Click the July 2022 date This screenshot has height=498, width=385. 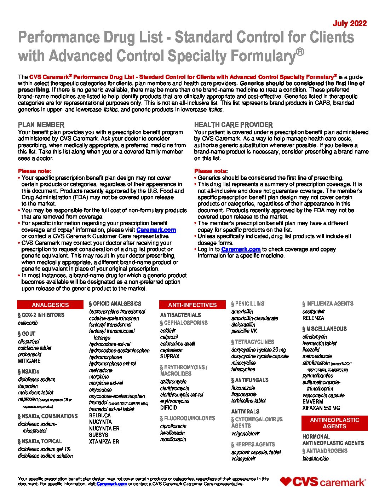click(350, 23)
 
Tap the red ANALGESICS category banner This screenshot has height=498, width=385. click(50, 305)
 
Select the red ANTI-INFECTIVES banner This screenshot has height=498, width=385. click(192, 305)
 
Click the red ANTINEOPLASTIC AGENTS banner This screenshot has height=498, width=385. click(334, 423)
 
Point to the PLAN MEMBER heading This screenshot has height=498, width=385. click(41, 125)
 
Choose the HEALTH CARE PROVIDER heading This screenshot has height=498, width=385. click(233, 125)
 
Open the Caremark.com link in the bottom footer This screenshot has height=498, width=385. click(111, 484)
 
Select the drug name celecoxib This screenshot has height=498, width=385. click(28, 323)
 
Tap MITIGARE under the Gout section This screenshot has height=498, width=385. click(29, 361)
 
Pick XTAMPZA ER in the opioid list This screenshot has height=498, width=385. click(104, 441)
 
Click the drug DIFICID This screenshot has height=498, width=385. click(168, 407)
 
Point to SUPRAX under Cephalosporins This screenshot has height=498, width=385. click(170, 357)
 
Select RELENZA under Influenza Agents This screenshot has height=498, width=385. click(313, 318)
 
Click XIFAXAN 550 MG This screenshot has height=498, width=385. click(321, 408)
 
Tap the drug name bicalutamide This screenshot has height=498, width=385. click(315, 459)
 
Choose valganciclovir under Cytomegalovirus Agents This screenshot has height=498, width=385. click(245, 433)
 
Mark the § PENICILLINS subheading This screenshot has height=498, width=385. click(248, 304)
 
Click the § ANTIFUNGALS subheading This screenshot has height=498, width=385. click(250, 380)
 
